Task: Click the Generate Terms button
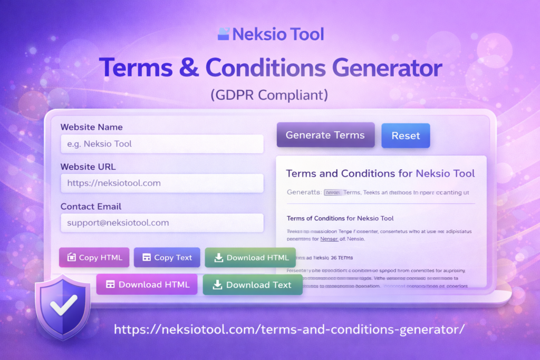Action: point(325,135)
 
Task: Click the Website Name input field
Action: point(162,144)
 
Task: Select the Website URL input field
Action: point(162,183)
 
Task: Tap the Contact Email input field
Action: point(162,223)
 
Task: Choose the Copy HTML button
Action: point(94,258)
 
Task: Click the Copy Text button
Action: point(167,258)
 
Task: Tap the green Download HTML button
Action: point(250,258)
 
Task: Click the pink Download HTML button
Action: point(147,285)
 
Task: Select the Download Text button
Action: point(252,285)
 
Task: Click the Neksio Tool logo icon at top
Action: point(224,34)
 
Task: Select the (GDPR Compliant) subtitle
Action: point(269,95)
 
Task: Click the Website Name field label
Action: point(92,127)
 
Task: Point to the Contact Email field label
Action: point(91,207)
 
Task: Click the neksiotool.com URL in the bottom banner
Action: point(289,330)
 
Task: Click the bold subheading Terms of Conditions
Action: point(340,218)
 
